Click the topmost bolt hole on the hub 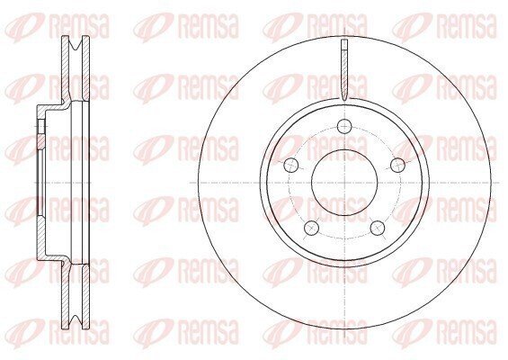[x=344, y=126]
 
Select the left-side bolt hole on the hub [x=290, y=166]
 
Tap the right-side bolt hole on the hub [x=397, y=166]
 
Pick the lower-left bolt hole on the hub [x=311, y=228]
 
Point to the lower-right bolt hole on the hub [x=378, y=228]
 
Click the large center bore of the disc [x=344, y=183]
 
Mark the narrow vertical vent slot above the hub [x=344, y=69]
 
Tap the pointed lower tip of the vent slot [x=344, y=99]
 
